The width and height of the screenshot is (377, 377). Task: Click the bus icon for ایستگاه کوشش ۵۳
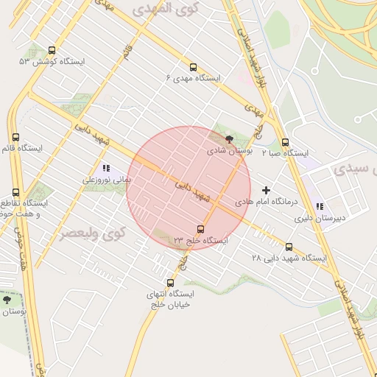tap(51, 51)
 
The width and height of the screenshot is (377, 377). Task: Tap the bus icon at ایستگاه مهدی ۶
tap(193, 66)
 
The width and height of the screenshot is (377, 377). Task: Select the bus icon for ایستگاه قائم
tap(16, 137)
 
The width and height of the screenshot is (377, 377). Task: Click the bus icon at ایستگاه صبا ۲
tap(286, 143)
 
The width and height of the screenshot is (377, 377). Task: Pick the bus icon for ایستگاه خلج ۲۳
tap(201, 229)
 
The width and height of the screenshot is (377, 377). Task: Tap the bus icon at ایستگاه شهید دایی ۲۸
tap(289, 247)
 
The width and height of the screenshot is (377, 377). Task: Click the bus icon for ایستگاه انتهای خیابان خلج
tap(171, 283)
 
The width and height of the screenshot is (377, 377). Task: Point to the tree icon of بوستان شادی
tap(229, 138)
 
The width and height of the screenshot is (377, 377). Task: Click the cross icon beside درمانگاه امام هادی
tap(267, 190)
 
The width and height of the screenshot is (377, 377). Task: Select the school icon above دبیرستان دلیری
tap(319, 207)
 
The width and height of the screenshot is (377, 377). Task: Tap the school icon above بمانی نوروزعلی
tap(107, 168)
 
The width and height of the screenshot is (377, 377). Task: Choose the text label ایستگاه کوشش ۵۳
tap(52, 62)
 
